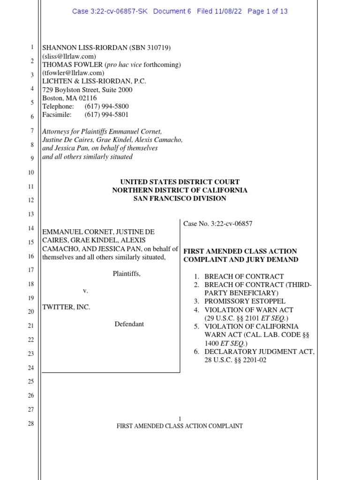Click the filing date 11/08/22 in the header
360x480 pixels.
[229, 11]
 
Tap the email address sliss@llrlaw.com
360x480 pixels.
[69, 56]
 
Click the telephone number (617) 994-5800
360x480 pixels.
[106, 106]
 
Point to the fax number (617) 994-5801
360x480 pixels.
[106, 114]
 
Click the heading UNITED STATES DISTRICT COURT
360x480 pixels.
[180, 182]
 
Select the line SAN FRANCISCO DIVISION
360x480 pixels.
[180, 198]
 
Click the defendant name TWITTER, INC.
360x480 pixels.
[66, 307]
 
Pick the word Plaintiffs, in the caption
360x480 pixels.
[127, 274]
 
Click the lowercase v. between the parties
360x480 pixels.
[86, 291]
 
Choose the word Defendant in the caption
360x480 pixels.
[129, 324]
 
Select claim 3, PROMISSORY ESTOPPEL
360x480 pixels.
[245, 301]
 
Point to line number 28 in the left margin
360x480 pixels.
[31, 424]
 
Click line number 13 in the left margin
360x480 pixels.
[31, 214]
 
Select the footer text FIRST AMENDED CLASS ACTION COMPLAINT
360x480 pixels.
[180, 426]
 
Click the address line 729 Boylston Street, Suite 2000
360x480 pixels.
[88, 90]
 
